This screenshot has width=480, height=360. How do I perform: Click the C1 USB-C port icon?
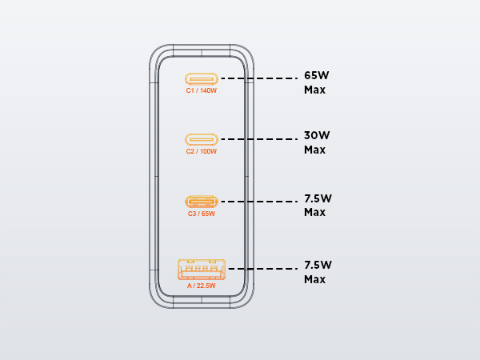click(x=202, y=79)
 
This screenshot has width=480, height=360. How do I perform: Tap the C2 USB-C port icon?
click(x=202, y=139)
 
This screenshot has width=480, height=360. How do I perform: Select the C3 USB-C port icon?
click(x=202, y=202)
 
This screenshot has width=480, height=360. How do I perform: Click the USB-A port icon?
click(x=202, y=270)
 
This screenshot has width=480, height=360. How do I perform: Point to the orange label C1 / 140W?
click(x=202, y=90)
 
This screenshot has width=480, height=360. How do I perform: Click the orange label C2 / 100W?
click(x=202, y=151)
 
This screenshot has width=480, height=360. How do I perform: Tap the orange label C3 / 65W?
click(x=202, y=214)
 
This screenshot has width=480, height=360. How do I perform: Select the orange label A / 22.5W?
click(x=202, y=286)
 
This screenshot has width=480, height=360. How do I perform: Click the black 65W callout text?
click(x=317, y=75)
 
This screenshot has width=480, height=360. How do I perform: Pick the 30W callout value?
click(x=317, y=135)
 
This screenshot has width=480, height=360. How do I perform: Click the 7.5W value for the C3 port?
click(x=318, y=198)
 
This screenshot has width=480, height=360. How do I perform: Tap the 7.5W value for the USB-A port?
click(x=318, y=265)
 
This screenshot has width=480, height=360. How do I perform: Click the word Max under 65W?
click(x=314, y=90)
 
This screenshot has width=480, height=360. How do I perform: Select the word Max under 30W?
click(x=314, y=150)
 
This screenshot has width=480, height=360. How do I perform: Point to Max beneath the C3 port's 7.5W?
click(x=314, y=212)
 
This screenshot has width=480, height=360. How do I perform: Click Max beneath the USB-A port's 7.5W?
click(x=314, y=279)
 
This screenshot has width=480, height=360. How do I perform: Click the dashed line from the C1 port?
click(x=259, y=78)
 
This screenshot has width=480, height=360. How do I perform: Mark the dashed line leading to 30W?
click(x=259, y=139)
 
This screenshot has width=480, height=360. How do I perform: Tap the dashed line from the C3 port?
click(x=259, y=202)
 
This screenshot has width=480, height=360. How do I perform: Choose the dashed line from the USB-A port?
click(x=263, y=269)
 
